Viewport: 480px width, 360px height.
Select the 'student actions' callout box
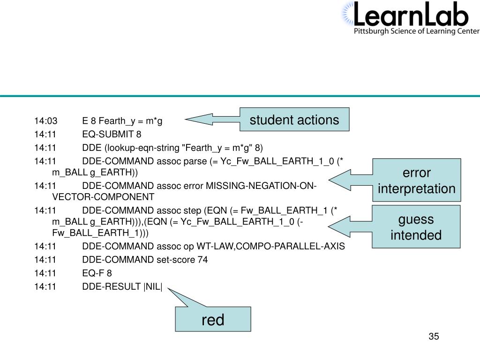point(294,120)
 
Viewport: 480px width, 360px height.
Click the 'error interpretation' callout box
point(417,181)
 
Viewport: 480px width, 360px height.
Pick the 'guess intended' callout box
point(417,227)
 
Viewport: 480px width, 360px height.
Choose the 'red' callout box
point(213,320)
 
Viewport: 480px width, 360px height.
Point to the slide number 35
point(433,337)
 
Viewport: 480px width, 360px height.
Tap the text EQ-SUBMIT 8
point(112,135)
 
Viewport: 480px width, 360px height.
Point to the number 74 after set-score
point(202,260)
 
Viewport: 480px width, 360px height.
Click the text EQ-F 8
point(97,273)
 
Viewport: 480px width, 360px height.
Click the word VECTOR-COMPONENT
point(103,197)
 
